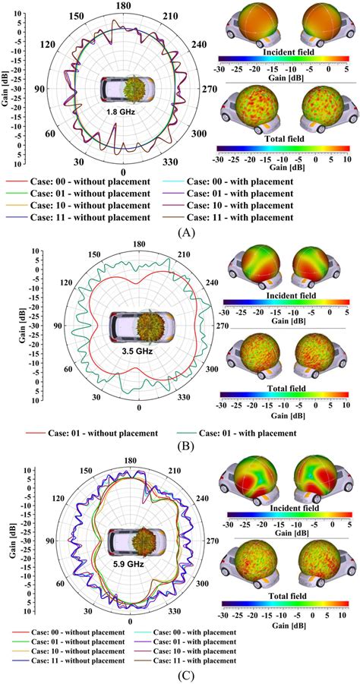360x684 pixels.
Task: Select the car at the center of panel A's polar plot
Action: point(122,90)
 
